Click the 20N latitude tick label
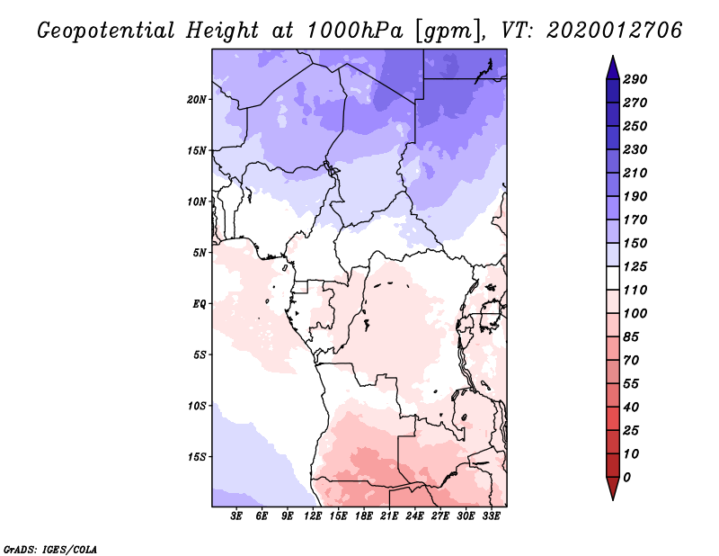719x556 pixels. (x=198, y=99)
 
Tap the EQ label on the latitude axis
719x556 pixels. (x=200, y=303)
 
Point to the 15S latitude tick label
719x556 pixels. (x=198, y=456)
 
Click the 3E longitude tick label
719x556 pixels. (x=237, y=517)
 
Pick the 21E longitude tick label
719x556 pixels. (x=390, y=517)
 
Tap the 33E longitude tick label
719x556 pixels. (x=492, y=517)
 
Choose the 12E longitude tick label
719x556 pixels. (x=314, y=517)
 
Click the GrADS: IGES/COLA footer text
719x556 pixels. (x=49, y=548)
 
